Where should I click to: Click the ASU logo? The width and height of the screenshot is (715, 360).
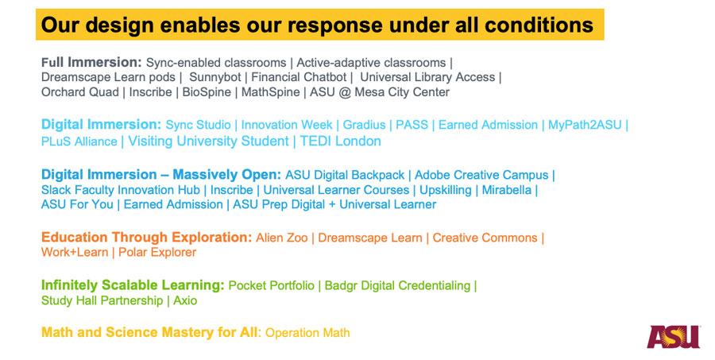tap(673, 337)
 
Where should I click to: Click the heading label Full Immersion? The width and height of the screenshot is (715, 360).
tap(91, 62)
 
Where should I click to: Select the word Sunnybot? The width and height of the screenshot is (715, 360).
tap(215, 77)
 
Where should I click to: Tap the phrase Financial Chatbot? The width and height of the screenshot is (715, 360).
tap(300, 77)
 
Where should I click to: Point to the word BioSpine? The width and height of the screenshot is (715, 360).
tap(207, 92)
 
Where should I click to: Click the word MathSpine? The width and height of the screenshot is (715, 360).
tap(270, 92)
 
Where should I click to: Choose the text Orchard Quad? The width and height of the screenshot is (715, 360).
tap(79, 92)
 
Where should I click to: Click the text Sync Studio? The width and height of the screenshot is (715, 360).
tap(199, 125)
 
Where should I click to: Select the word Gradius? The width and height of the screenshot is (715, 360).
tap(364, 125)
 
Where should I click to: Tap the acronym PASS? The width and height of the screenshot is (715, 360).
tap(412, 125)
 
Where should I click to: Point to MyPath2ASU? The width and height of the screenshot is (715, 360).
tap(585, 125)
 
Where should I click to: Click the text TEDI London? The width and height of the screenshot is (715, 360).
tap(340, 141)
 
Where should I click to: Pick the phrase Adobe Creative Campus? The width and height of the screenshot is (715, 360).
tap(481, 175)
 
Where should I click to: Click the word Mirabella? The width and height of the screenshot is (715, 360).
tap(507, 190)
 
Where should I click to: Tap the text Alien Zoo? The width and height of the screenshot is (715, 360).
tap(282, 238)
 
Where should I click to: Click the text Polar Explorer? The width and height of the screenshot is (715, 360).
tap(157, 253)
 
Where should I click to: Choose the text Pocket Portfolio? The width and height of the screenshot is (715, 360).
tap(272, 285)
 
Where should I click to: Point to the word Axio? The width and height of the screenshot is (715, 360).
tap(185, 300)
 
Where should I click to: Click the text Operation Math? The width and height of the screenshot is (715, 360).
tap(307, 333)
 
